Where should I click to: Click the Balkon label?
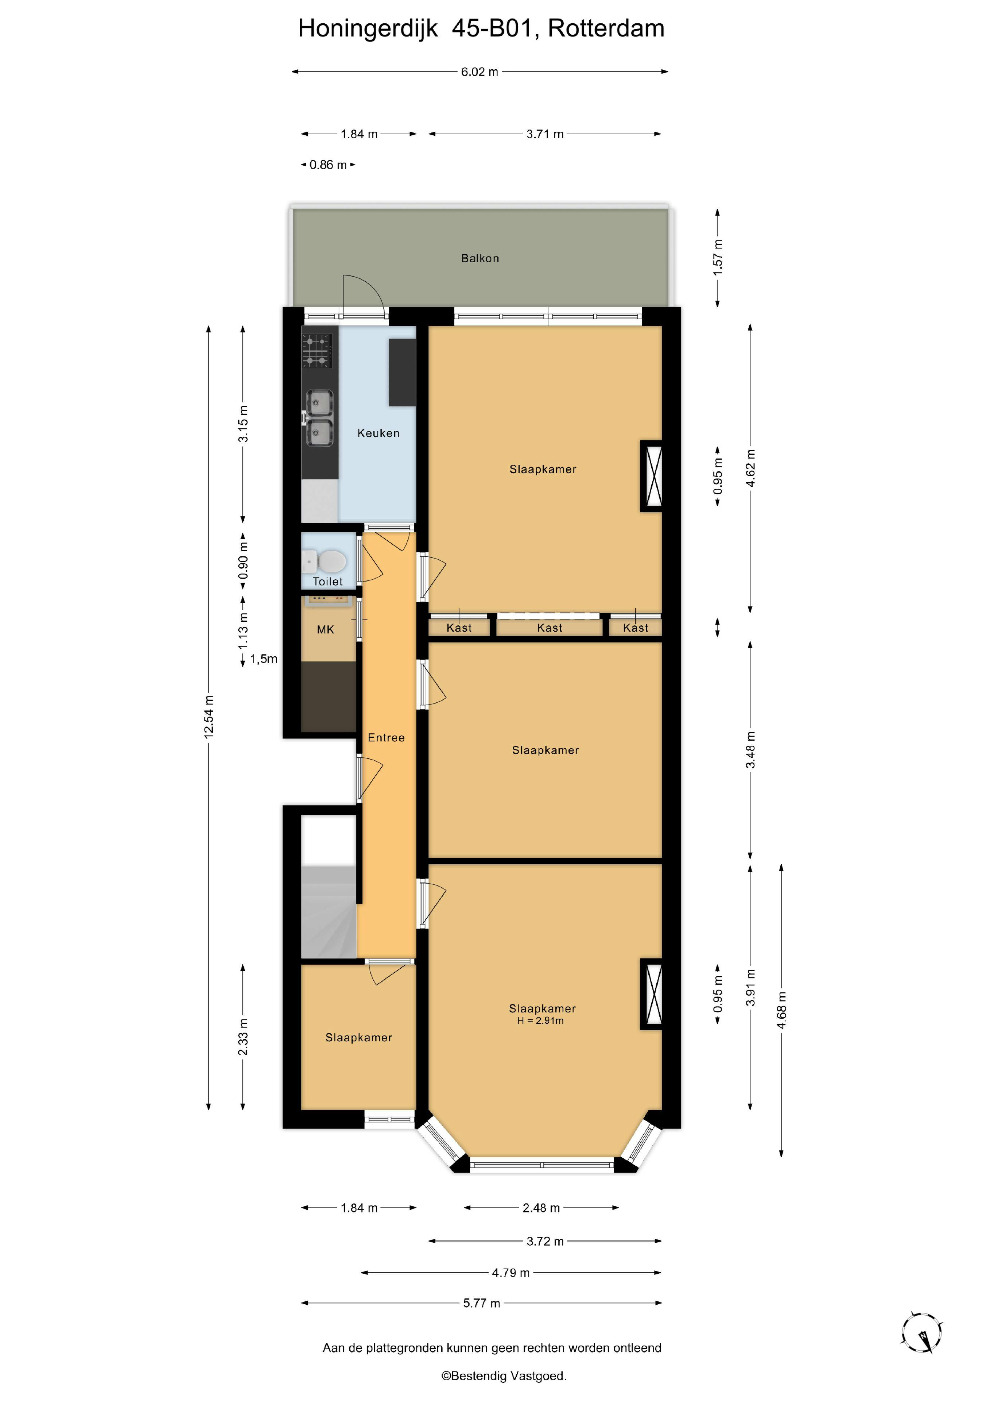click(x=480, y=258)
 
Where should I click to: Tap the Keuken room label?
click(x=378, y=433)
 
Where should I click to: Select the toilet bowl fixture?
click(x=331, y=560)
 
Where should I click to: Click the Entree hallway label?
click(x=386, y=738)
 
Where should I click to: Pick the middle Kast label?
click(x=550, y=628)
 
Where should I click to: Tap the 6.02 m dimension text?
click(x=480, y=72)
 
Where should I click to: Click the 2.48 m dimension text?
click(x=541, y=1208)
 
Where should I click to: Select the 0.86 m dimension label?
click(x=328, y=165)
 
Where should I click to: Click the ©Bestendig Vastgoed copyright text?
click(x=504, y=1376)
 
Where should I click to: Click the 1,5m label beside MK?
click(x=264, y=659)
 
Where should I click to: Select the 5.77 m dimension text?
click(x=481, y=1303)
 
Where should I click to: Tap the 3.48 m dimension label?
click(x=751, y=750)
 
